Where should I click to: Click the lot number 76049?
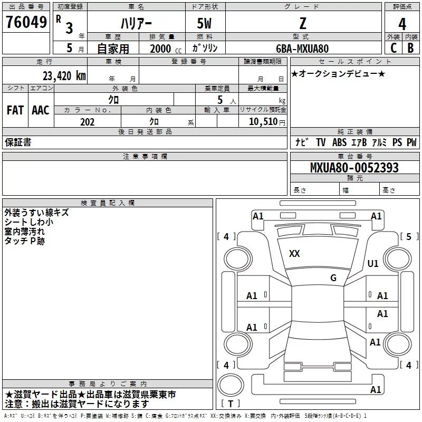[x=26, y=22]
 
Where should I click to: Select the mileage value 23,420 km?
[x=64, y=76]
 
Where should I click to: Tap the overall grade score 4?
[x=402, y=24]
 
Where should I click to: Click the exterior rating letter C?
[x=394, y=48]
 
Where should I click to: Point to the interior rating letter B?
[x=410, y=48]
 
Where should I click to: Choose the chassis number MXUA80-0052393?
[x=354, y=167]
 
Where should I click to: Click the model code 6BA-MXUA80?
[x=302, y=49]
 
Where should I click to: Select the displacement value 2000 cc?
[x=166, y=49]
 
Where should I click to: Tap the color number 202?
[x=87, y=122]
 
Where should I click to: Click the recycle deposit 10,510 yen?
[x=267, y=122]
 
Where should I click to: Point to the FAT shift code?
[x=15, y=110]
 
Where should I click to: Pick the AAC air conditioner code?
[x=41, y=110]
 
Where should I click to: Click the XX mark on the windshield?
[x=294, y=254]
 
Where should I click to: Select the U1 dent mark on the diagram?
[x=373, y=263]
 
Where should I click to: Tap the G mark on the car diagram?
[x=333, y=277]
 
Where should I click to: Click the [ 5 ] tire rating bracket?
[x=409, y=236]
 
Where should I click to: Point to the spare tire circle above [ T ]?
[x=231, y=385]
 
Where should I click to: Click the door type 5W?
[x=204, y=23]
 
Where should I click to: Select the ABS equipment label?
[x=339, y=142]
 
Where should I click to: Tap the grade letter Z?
[x=303, y=23]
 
